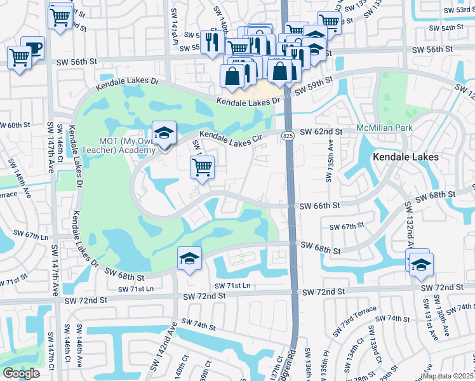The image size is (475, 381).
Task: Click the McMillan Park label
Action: pyautogui.click(x=384, y=128)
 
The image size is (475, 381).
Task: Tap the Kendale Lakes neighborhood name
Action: pyautogui.click(x=406, y=156)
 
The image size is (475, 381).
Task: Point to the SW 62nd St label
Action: pyautogui.click(x=321, y=131)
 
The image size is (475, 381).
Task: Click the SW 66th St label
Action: pyautogui.click(x=320, y=206)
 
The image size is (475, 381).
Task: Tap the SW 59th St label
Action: pyautogui.click(x=312, y=86)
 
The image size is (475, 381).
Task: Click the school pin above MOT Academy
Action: pyautogui.click(x=164, y=133)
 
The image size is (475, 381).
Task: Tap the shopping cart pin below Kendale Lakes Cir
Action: pyautogui.click(x=202, y=168)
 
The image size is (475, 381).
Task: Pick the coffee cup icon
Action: pyautogui.click(x=32, y=48)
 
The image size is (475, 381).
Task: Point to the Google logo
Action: pyautogui.click(x=21, y=373)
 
